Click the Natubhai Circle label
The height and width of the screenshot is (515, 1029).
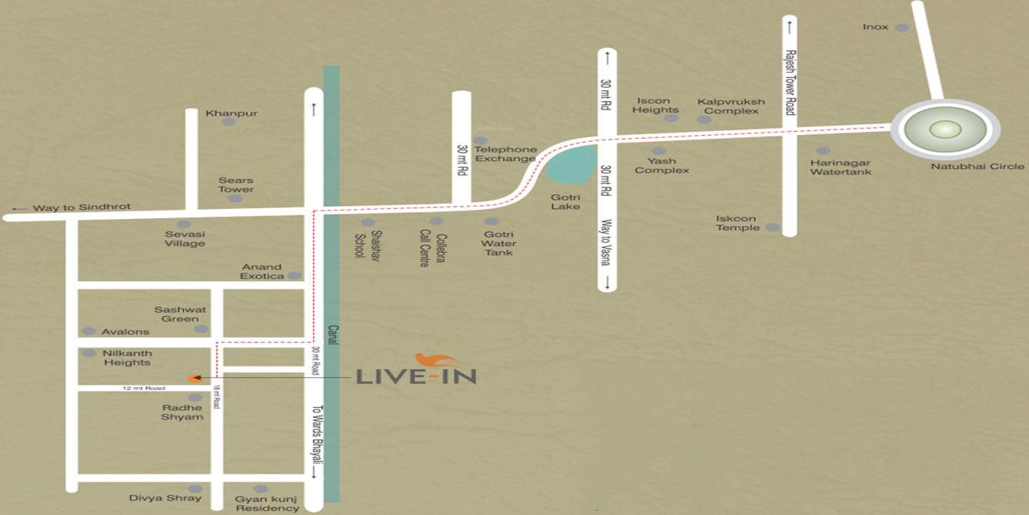(977, 167)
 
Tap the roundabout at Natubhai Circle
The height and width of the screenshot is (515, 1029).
(944, 130)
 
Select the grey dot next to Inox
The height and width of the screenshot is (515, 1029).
(901, 28)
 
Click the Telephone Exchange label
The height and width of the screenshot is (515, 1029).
(504, 153)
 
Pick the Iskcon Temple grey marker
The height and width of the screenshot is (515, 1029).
(772, 227)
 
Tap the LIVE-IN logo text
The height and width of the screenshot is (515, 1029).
(416, 376)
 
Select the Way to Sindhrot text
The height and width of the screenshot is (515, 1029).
(81, 207)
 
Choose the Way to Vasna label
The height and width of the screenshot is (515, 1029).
(605, 242)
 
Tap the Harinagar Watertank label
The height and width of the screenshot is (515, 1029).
(840, 167)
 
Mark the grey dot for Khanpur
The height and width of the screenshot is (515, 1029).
(228, 122)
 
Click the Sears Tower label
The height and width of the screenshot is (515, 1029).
(236, 184)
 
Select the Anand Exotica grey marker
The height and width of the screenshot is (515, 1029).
(293, 275)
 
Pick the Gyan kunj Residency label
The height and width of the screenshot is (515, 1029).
(266, 503)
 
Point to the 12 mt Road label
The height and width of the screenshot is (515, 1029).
(144, 388)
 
